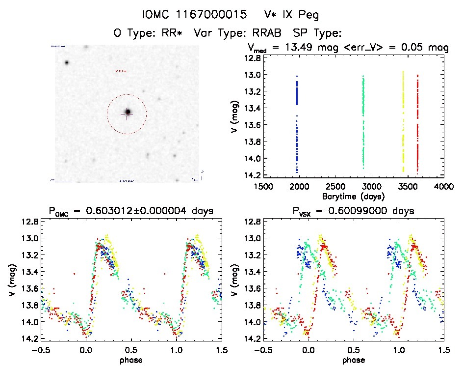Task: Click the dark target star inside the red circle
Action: point(128,113)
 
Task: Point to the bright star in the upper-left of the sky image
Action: point(66,62)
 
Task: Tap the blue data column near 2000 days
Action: point(297,123)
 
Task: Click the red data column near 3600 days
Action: point(417,123)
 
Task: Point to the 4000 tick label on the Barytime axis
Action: point(444,187)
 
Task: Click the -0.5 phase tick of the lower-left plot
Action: point(41,350)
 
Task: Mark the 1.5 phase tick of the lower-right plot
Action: point(444,350)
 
